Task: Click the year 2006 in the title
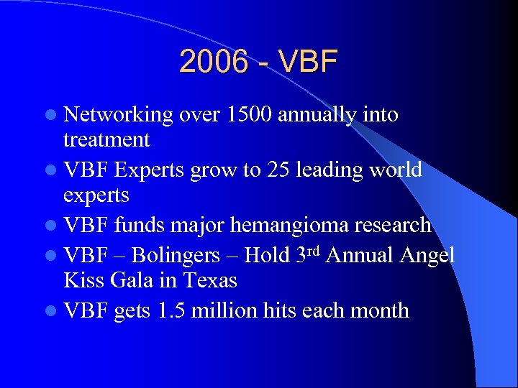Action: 214,63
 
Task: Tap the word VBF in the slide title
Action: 307,63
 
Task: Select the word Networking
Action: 119,115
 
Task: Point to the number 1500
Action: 250,115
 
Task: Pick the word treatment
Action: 106,139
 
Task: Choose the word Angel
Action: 429,255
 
